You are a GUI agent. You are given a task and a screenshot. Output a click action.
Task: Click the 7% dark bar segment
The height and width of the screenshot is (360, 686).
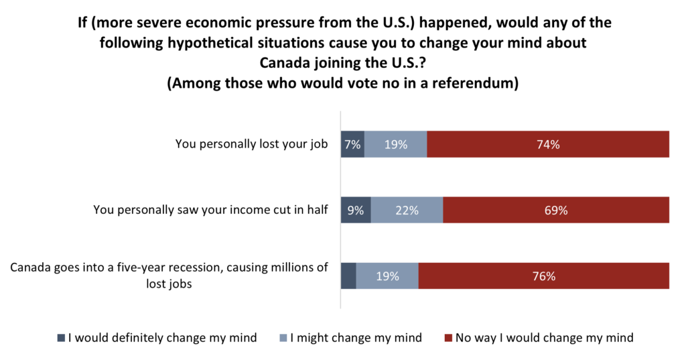pos(352,144)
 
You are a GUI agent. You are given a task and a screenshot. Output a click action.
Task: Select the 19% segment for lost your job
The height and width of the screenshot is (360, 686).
pos(395,144)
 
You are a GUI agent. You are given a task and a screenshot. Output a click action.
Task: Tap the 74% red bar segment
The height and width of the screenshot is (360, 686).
pos(547,144)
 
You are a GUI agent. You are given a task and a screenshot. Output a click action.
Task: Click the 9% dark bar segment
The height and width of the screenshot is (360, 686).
pos(356,210)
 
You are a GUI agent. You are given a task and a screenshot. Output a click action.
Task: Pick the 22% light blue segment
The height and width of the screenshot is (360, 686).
pos(407,210)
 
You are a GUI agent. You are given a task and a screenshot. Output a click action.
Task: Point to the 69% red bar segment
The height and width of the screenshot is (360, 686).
pos(555,210)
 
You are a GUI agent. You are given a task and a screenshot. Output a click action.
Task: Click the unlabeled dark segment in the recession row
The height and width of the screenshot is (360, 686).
pos(348,276)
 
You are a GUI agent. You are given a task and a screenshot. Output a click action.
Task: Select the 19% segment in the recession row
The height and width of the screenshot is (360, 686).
pos(387,276)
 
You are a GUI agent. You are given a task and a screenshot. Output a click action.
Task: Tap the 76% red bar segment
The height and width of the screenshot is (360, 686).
pos(543,276)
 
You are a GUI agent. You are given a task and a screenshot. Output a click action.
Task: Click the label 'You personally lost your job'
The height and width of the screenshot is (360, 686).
pos(251,144)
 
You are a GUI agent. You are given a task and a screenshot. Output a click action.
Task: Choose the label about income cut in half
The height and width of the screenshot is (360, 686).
pos(210,210)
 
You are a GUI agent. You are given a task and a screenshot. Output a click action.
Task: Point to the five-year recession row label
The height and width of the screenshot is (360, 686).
pos(169,276)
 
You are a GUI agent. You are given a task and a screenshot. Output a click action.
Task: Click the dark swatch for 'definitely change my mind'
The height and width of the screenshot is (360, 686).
pos(62,338)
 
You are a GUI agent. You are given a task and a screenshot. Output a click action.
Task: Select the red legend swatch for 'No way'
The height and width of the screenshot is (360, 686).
pos(448,338)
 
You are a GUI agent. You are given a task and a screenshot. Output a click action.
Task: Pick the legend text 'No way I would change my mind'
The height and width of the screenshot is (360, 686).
pos(544,338)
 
